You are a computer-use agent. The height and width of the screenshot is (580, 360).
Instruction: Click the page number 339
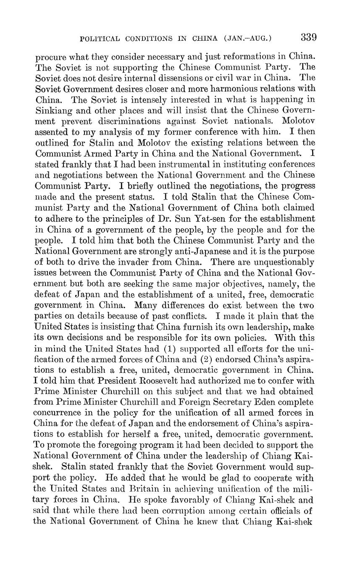click(x=308, y=37)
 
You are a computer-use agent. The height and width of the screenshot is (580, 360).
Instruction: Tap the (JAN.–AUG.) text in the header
click(x=248, y=39)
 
